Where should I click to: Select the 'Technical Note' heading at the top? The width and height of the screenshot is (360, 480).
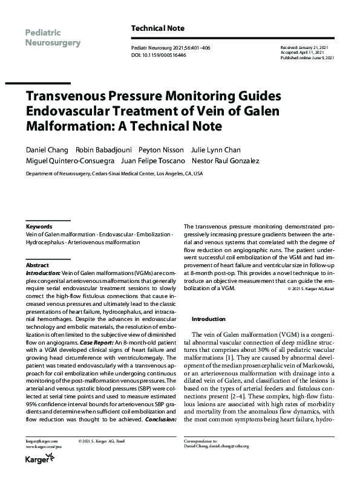tap(158, 28)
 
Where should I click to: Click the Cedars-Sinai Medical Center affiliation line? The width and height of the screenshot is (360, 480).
tap(114, 174)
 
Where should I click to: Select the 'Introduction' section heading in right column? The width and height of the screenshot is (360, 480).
tap(208, 319)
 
